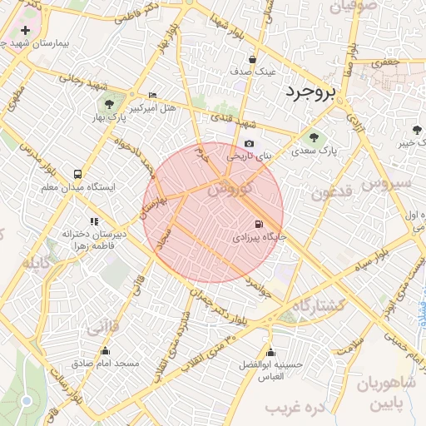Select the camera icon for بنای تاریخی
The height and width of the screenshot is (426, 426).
[250, 144]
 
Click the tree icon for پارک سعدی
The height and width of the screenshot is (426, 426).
[314, 138]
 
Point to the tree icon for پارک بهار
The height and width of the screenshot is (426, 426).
[109, 104]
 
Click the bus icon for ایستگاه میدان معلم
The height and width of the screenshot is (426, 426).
[77, 175]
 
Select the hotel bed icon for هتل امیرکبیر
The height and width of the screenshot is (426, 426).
[151, 96]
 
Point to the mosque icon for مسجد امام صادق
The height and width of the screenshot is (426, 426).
[105, 350]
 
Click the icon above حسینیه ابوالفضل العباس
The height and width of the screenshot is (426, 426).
[270, 351]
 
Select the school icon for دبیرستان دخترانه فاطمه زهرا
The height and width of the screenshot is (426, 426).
[94, 221]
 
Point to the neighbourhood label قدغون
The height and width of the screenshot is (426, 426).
[332, 193]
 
